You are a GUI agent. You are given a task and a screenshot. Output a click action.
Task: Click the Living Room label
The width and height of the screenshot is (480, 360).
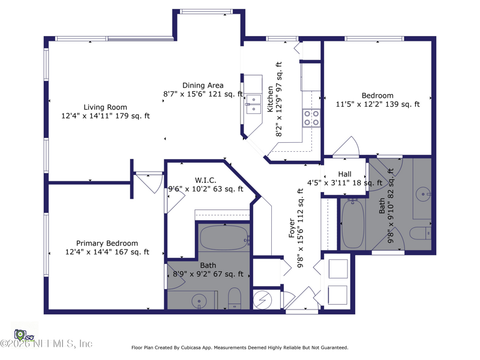coord(106,107)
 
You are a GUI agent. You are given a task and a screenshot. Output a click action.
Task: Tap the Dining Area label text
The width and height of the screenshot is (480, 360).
coord(203,85)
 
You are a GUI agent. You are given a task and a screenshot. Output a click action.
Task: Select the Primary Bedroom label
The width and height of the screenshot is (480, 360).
coord(107,244)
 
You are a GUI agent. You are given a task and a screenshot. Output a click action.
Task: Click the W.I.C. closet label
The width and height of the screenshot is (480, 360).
coord(206,180)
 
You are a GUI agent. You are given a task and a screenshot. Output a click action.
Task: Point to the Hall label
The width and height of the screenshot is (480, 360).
coord(344,174)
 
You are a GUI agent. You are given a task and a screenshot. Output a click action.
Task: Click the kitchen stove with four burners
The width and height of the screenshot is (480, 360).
coord(311,118)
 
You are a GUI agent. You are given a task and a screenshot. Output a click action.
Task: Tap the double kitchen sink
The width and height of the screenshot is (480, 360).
coord(253,104)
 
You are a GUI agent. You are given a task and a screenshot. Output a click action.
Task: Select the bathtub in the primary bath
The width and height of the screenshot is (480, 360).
coord(224,238)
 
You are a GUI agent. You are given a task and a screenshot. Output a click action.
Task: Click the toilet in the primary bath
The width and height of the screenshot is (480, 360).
coord(235,298)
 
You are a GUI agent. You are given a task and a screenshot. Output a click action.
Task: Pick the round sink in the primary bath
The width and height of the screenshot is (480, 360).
coord(199,301)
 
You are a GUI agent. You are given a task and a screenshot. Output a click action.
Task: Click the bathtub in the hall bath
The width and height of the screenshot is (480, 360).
coord(353,224)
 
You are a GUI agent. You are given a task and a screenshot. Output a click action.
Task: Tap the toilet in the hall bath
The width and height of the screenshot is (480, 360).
coord(420,233)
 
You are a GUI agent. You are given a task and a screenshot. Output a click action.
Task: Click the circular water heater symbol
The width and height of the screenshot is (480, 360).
coord(262,300)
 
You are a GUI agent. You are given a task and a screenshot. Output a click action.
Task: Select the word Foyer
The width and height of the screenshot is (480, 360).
coord(292,228)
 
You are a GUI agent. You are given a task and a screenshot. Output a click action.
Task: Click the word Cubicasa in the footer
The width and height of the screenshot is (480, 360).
coord(192,347)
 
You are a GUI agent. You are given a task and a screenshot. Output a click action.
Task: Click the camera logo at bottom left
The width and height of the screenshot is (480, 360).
coord(20,335)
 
